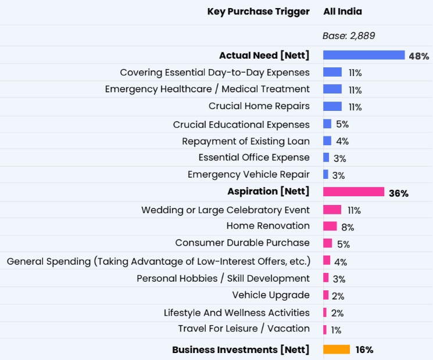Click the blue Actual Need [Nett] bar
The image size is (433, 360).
click(364, 55)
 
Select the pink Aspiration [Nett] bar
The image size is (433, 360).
click(353, 192)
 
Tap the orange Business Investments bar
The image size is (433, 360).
click(337, 350)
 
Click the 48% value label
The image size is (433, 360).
click(418, 56)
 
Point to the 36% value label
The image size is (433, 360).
click(399, 193)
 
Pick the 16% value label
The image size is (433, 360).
click(364, 350)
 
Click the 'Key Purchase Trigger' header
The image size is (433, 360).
click(258, 12)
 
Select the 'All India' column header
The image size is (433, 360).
click(342, 12)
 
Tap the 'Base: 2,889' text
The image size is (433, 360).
click(349, 36)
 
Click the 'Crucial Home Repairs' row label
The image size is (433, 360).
click(259, 106)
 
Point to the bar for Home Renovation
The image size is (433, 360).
click(330, 226)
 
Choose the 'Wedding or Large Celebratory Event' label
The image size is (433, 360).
click(226, 210)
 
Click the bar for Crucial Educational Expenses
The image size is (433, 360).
click(327, 124)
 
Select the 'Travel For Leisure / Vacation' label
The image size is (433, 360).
click(244, 329)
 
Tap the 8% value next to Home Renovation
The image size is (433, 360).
click(348, 227)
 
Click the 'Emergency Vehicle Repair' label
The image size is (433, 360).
click(249, 174)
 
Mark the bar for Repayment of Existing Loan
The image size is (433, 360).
click(327, 141)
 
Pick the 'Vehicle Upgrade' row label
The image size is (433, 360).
click(271, 295)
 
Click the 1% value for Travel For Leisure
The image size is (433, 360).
click(336, 330)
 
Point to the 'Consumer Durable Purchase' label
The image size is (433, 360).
click(242, 243)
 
